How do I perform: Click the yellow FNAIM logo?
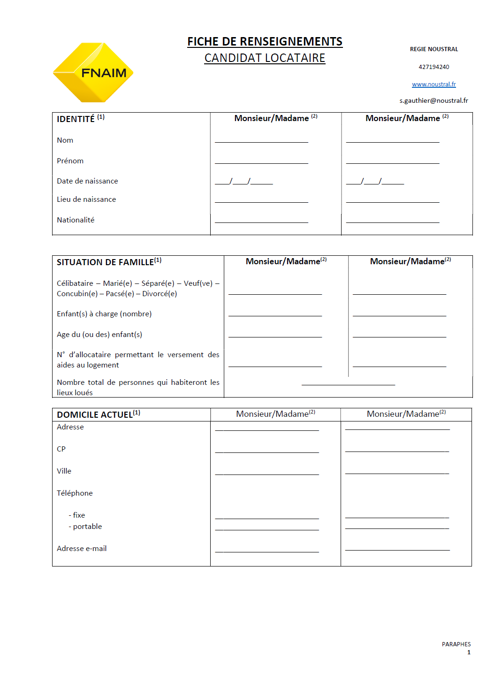point(93,73)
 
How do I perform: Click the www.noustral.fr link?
point(434,84)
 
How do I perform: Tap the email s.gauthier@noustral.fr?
point(434,100)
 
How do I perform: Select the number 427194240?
point(434,67)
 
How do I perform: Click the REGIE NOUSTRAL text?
point(434,49)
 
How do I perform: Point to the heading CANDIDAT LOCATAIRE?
point(265,58)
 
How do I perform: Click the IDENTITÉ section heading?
point(76,119)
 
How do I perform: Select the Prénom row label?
point(70,161)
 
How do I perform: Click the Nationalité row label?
point(76,220)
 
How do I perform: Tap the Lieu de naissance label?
point(86,199)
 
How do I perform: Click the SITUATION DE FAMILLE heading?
point(106,262)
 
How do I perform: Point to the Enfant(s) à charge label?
point(104,314)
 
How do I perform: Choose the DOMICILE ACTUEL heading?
point(95,415)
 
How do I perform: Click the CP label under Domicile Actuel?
point(61,449)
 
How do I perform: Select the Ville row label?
point(64,471)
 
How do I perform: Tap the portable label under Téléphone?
point(87,527)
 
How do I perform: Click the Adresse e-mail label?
point(82,549)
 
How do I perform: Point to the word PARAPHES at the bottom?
point(456,644)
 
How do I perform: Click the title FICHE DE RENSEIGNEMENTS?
point(265,42)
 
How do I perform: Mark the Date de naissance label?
point(87,181)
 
